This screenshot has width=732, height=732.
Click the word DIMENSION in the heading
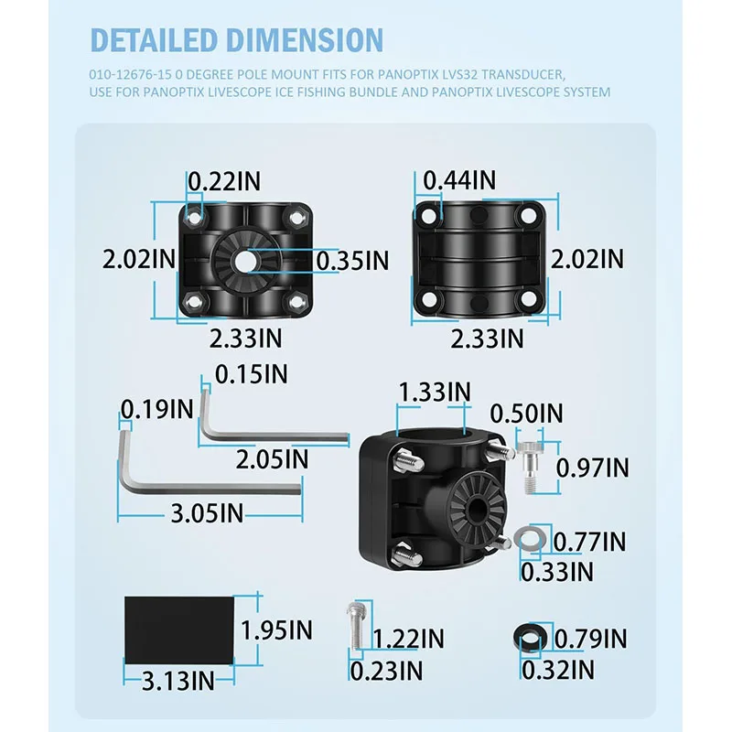(305, 39)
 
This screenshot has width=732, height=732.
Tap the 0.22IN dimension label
(224, 180)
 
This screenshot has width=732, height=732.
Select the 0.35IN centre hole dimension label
(352, 261)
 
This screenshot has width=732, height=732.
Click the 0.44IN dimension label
(459, 180)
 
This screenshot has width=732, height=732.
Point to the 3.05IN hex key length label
(207, 513)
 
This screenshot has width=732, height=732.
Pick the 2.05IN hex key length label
(272, 459)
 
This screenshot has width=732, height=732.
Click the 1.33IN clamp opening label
(434, 392)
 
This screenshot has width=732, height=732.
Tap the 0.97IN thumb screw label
(592, 468)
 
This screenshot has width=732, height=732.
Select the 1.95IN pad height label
(276, 630)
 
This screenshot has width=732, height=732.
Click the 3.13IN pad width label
(178, 681)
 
